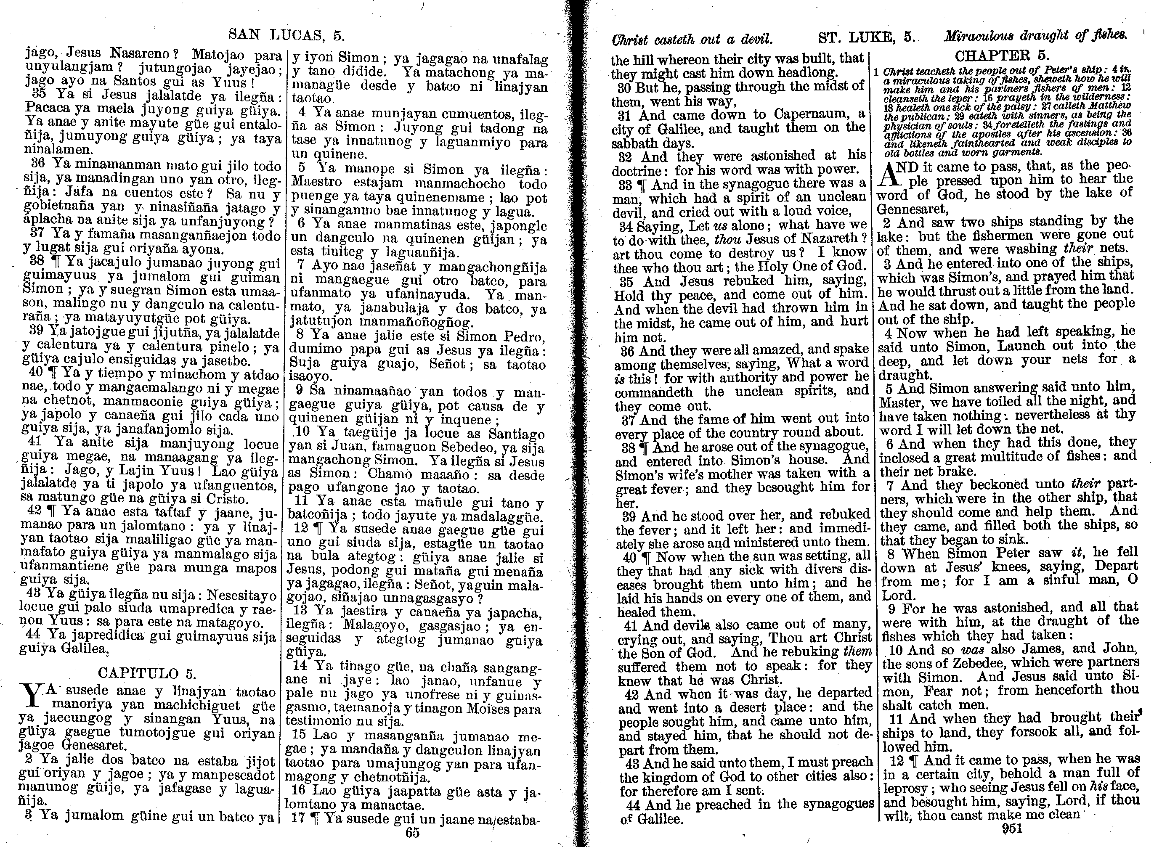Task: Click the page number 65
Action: [412, 833]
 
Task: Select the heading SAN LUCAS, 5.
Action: [286, 35]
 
